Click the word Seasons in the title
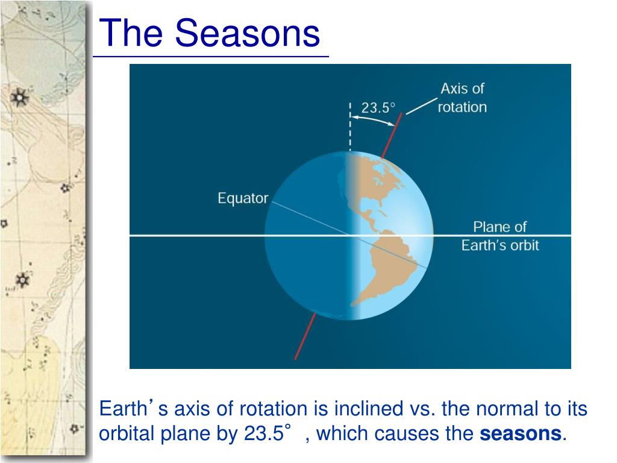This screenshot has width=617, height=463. click(247, 33)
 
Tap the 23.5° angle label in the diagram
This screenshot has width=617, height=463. click(378, 107)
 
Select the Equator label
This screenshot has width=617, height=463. click(243, 198)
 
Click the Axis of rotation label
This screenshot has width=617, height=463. click(462, 98)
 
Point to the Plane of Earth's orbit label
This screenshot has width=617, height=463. click(500, 236)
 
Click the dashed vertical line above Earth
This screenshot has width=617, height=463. click(350, 127)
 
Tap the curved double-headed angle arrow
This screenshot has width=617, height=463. click(372, 120)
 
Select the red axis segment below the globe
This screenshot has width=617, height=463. click(305, 336)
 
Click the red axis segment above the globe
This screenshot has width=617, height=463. click(392, 136)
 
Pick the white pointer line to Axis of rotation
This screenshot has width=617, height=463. click(421, 106)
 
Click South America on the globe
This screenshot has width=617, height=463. click(387, 268)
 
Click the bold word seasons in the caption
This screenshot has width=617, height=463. click(520, 433)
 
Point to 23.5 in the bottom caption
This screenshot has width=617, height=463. click(264, 433)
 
